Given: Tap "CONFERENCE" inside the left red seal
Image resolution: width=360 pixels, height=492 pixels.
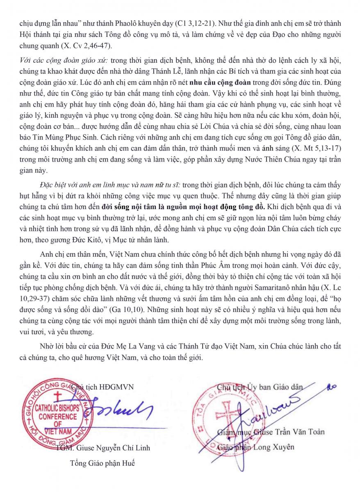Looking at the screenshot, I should pos(58,417).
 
